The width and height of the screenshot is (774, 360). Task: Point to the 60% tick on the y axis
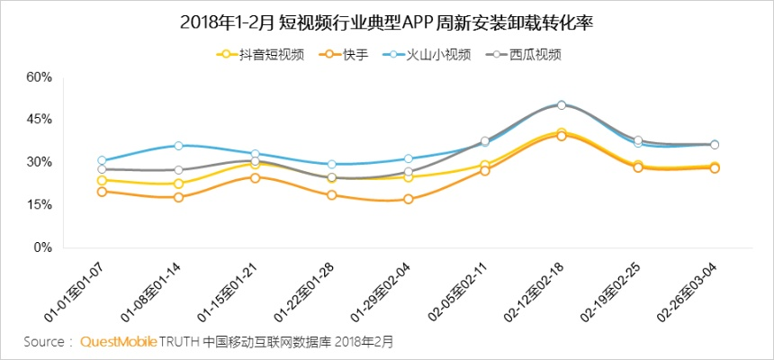pos(39,77)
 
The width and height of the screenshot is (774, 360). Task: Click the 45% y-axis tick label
pos(39,120)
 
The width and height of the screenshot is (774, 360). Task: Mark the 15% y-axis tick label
pos(39,205)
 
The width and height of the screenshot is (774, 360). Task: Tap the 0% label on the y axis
pos(42,247)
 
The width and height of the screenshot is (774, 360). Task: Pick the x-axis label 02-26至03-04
pos(688,288)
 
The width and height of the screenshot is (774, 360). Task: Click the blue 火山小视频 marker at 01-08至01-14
pos(178,145)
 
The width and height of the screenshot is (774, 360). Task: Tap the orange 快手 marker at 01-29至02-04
pos(409,199)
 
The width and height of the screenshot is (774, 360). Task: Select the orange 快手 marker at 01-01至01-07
pos(102,192)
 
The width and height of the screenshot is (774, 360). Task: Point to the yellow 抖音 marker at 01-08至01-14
pos(178,184)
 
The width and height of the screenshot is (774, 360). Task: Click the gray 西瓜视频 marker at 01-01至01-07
pos(102,169)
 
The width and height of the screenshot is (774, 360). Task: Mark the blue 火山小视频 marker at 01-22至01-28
pos(332,164)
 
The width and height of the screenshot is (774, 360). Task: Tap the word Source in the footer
pos(42,342)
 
